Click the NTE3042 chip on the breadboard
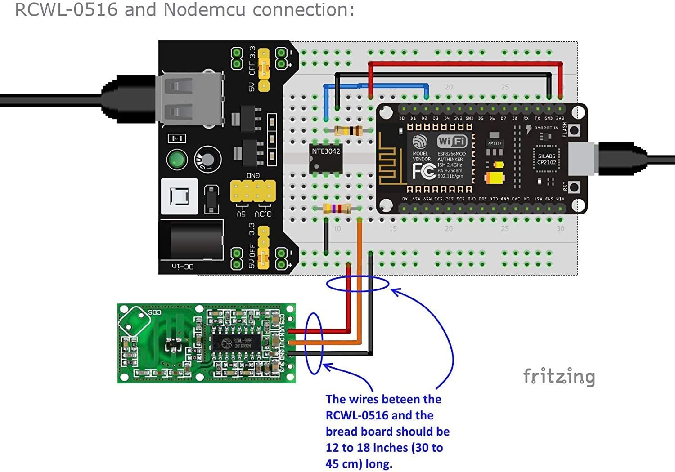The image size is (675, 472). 326,158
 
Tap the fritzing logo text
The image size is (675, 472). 559,377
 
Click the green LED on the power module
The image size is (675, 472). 177,160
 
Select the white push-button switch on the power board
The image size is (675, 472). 179,196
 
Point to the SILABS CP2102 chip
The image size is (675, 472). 547,160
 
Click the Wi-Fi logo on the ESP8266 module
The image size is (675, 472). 452,141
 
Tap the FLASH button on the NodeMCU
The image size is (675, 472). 574,130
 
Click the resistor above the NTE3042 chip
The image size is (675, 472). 348,131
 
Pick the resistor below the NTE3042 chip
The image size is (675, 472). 337,209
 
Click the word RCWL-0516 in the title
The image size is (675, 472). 67,9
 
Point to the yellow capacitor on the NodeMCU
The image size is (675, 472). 495,178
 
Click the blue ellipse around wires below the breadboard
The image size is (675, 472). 357,284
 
